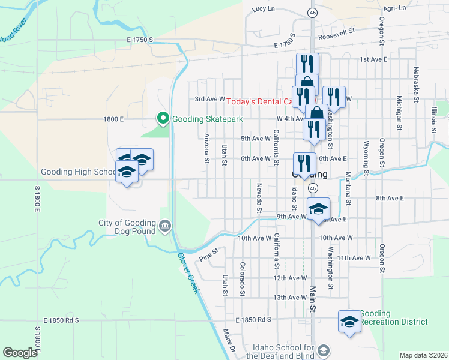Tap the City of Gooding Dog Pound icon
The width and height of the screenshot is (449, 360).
[165, 226]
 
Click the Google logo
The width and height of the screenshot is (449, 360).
[20, 353]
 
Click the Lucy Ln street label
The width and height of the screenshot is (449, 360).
[263, 9]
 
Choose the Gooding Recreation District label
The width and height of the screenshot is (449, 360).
[394, 318]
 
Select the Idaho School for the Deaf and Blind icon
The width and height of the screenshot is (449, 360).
[323, 350]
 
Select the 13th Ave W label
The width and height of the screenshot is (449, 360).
[289, 298]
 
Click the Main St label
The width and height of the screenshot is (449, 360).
[313, 299]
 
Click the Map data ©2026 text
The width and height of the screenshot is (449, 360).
[423, 355]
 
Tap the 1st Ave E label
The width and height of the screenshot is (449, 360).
[373, 60]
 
